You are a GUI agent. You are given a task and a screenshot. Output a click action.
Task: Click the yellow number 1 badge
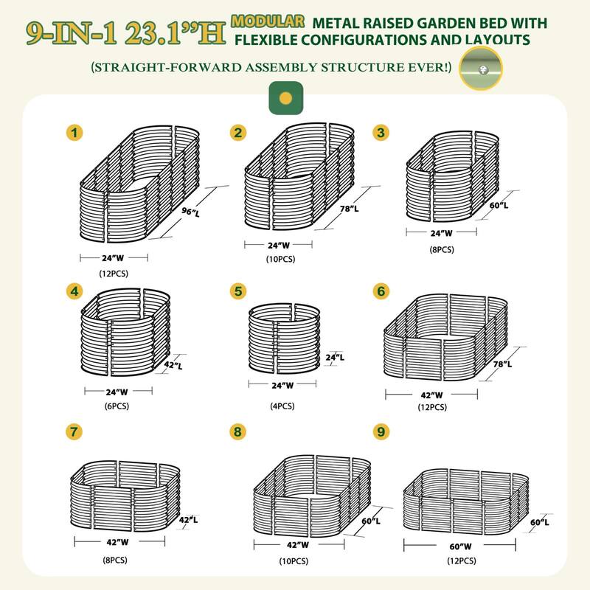pyautogui.click(x=74, y=133)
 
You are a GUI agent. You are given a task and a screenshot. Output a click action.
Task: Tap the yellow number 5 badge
pyautogui.click(x=237, y=291)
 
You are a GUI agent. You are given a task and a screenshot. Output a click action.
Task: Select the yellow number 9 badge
pyautogui.click(x=381, y=431)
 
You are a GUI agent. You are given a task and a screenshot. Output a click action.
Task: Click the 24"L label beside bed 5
pyautogui.click(x=334, y=358)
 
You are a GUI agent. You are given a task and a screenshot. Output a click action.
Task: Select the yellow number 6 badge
pyautogui.click(x=381, y=291)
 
